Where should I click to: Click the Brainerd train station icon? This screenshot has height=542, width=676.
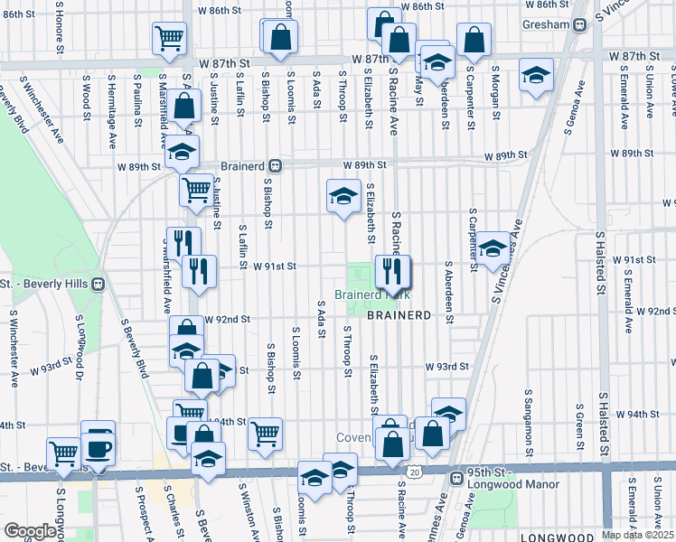[x=276, y=166]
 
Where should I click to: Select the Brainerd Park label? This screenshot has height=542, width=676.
[x=372, y=294]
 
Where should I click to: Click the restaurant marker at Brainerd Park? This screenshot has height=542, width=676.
[x=394, y=269]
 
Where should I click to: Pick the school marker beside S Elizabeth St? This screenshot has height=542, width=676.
[x=343, y=195]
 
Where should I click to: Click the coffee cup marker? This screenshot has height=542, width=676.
[x=99, y=446]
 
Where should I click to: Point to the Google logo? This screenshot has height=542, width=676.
[x=31, y=530]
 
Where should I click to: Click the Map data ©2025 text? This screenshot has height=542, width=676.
[x=638, y=535]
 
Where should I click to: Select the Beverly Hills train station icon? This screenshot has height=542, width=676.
[x=99, y=283]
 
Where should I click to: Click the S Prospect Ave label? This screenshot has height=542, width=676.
[x=141, y=513]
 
